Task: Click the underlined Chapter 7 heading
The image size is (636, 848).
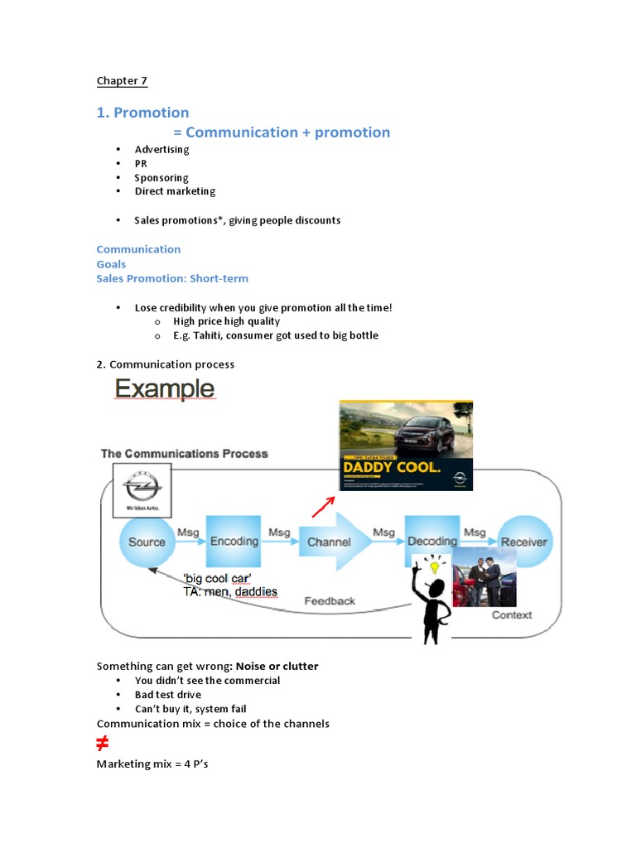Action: pyautogui.click(x=122, y=80)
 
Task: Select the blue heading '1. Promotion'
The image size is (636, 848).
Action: pyautogui.click(x=142, y=113)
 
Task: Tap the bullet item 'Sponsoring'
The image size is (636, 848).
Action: pyautogui.click(x=161, y=177)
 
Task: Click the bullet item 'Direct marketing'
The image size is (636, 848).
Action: pyautogui.click(x=175, y=191)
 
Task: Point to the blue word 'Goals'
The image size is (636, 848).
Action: pyautogui.click(x=111, y=264)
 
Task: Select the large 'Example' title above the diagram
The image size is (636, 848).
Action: pyautogui.click(x=164, y=388)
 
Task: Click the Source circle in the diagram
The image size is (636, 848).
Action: pyautogui.click(x=147, y=542)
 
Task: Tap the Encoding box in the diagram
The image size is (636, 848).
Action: pyautogui.click(x=234, y=542)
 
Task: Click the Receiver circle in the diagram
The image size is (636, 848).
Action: pyautogui.click(x=524, y=542)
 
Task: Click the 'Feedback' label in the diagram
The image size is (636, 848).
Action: pyautogui.click(x=330, y=601)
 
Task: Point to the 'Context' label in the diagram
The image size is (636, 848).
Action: pyautogui.click(x=512, y=614)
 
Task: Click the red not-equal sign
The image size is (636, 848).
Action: pyautogui.click(x=103, y=743)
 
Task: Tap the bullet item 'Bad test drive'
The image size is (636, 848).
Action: pyautogui.click(x=168, y=695)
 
